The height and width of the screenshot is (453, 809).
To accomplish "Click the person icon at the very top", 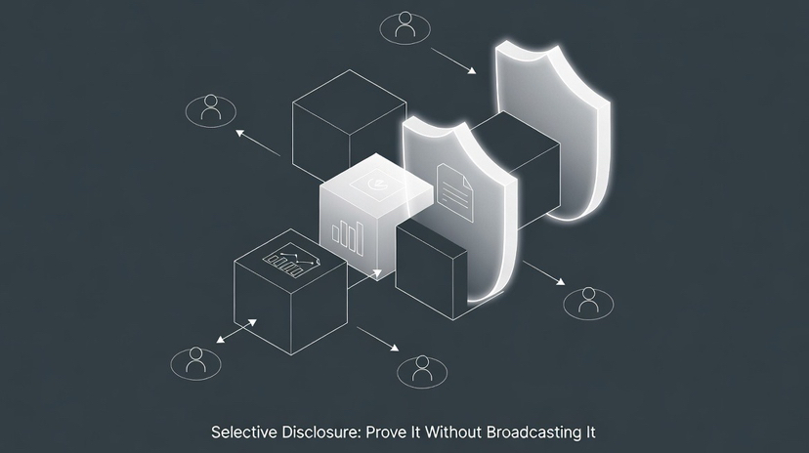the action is coord(404,27).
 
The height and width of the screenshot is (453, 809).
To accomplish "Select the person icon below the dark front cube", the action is coord(421,368).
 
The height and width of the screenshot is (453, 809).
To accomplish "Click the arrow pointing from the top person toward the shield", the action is coord(451,60).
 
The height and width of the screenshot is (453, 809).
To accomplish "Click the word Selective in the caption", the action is coord(240,431).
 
